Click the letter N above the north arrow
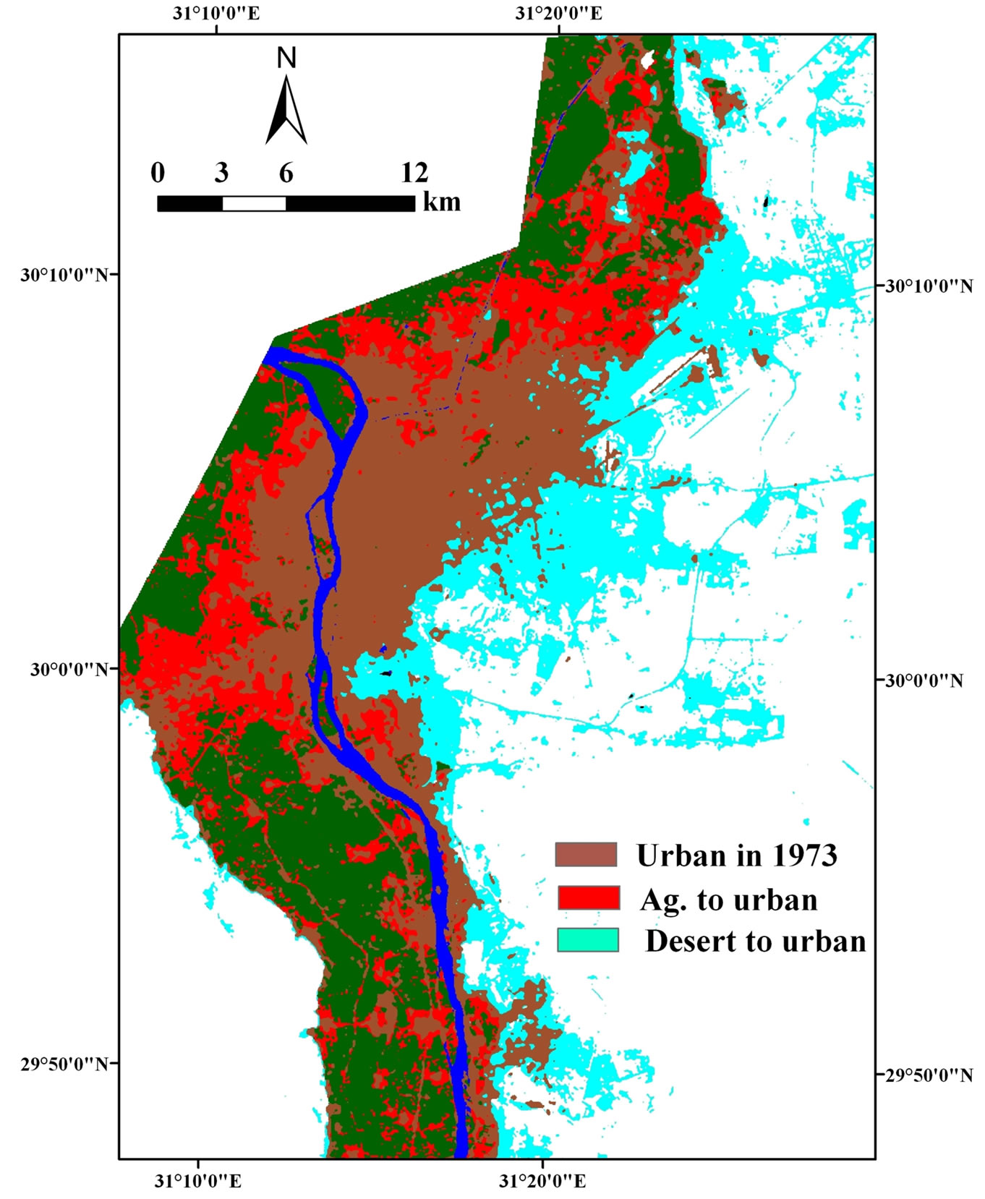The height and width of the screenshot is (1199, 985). [x=287, y=58]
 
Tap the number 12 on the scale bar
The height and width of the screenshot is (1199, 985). [x=414, y=173]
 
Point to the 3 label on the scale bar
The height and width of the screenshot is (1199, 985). [x=221, y=173]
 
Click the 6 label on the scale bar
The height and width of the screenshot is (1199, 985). [x=286, y=173]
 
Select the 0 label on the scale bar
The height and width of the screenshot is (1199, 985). [x=158, y=173]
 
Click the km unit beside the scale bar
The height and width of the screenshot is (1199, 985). [x=441, y=202]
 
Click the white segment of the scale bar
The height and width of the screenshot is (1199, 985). [x=254, y=203]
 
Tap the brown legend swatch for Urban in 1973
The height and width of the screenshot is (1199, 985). [x=586, y=855]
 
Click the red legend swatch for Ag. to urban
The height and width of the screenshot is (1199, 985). [x=588, y=897]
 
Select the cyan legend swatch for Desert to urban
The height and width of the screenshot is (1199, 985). [x=588, y=940]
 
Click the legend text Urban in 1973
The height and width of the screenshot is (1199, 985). [x=736, y=855]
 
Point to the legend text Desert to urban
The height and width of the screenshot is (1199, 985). [x=755, y=941]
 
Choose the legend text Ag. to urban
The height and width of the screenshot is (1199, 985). [x=728, y=899]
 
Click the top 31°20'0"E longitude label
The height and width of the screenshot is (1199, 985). [x=559, y=14]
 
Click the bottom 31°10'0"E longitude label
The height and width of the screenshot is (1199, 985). [x=197, y=1181]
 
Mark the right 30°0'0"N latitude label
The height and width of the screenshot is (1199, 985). [x=925, y=680]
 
